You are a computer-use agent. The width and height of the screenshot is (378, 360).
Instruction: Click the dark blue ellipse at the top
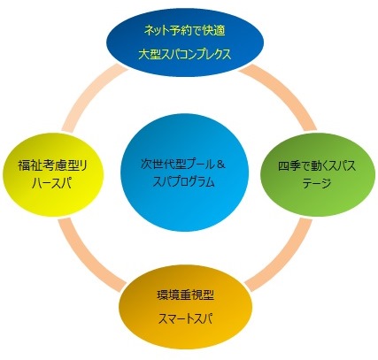click(x=185, y=42)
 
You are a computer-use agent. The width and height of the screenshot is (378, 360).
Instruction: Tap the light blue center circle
click(x=184, y=172)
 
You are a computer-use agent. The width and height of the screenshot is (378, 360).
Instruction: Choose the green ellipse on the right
click(x=318, y=176)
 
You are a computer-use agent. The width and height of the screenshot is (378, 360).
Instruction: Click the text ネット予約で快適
click(x=185, y=31)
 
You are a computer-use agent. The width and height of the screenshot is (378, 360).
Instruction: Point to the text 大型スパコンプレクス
click(x=185, y=54)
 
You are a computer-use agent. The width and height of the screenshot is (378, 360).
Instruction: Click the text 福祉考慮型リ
click(x=53, y=165)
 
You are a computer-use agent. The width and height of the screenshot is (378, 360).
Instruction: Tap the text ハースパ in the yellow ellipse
click(x=52, y=184)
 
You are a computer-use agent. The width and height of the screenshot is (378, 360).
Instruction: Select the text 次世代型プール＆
click(x=183, y=164)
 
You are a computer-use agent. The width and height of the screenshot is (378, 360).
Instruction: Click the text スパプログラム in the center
click(x=183, y=182)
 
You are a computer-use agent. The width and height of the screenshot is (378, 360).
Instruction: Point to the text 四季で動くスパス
click(x=317, y=166)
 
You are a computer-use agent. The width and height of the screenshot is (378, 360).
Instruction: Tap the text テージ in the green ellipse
click(x=317, y=184)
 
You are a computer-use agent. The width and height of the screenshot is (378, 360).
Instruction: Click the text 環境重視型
click(x=186, y=295)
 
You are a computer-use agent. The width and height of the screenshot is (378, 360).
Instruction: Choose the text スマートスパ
click(x=186, y=318)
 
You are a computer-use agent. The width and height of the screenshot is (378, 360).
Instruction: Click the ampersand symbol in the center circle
click(x=220, y=164)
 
